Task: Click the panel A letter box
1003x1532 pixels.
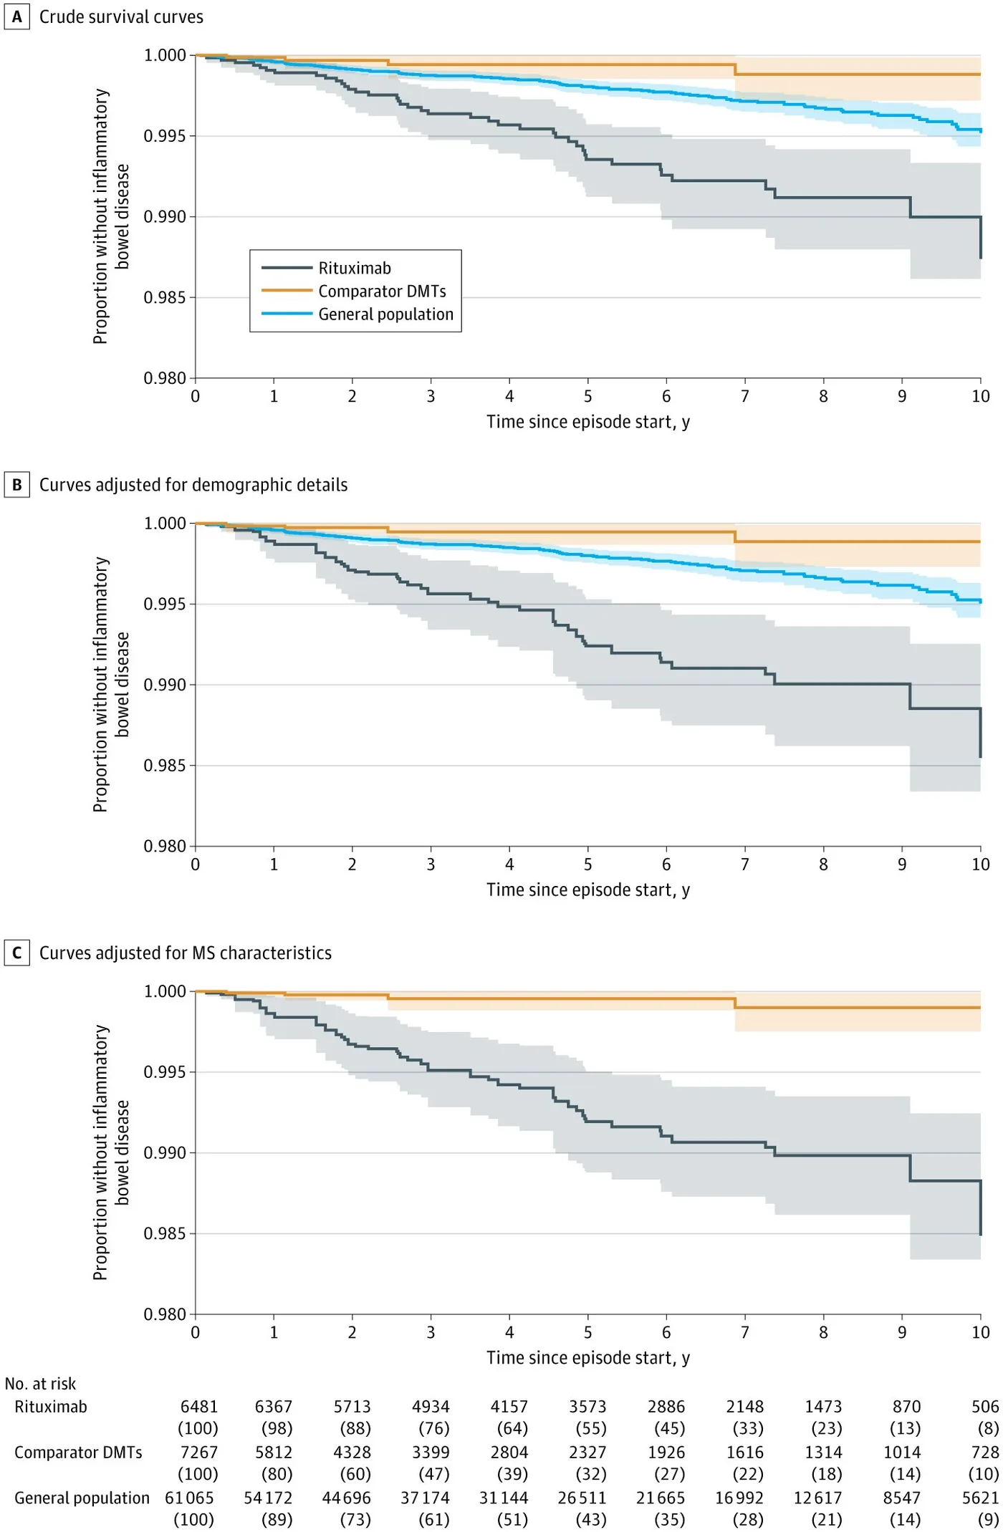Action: pyautogui.click(x=16, y=16)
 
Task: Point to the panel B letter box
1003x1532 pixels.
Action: pyautogui.click(x=16, y=485)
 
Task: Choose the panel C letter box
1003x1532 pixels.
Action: pyautogui.click(x=16, y=953)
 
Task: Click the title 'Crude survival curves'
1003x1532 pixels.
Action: pyautogui.click(x=121, y=16)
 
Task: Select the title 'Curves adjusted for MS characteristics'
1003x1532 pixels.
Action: pyautogui.click(x=186, y=953)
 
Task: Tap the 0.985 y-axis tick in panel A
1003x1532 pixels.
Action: pyautogui.click(x=165, y=297)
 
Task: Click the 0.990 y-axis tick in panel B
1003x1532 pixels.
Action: pyautogui.click(x=165, y=685)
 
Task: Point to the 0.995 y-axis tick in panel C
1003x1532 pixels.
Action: pyautogui.click(x=165, y=1072)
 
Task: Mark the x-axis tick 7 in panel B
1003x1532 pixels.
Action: pyautogui.click(x=745, y=864)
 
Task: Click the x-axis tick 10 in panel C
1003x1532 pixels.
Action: pyautogui.click(x=981, y=1332)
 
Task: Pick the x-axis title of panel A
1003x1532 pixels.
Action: pyautogui.click(x=588, y=422)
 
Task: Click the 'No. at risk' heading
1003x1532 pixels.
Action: pyautogui.click(x=40, y=1384)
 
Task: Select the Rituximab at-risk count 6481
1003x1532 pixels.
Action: pyautogui.click(x=199, y=1407)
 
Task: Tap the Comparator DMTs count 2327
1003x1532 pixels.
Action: pyautogui.click(x=587, y=1452)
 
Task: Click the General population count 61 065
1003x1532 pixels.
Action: pyautogui.click(x=189, y=1498)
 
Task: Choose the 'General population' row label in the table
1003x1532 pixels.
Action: pyautogui.click(x=82, y=1498)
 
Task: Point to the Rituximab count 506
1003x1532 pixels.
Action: pyautogui.click(x=985, y=1407)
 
